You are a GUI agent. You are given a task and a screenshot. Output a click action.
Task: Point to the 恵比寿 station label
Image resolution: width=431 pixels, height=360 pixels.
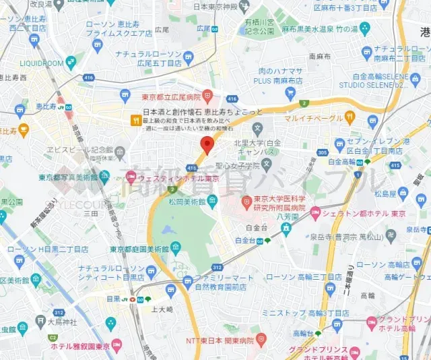(46, 107)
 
